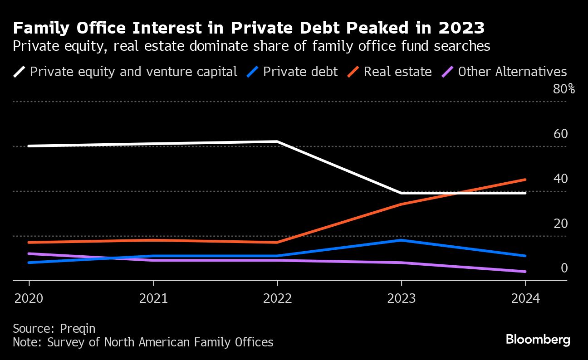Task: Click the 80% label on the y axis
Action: click(563, 89)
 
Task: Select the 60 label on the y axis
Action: click(561, 134)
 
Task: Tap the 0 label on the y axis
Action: click(564, 268)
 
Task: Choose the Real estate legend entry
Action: click(397, 72)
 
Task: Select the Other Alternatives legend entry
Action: click(512, 72)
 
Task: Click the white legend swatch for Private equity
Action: click(19, 72)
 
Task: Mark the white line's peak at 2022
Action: click(277, 141)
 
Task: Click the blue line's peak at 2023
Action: click(401, 240)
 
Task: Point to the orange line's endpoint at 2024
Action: click(525, 180)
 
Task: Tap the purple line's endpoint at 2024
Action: click(525, 272)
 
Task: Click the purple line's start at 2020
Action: click(29, 253)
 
